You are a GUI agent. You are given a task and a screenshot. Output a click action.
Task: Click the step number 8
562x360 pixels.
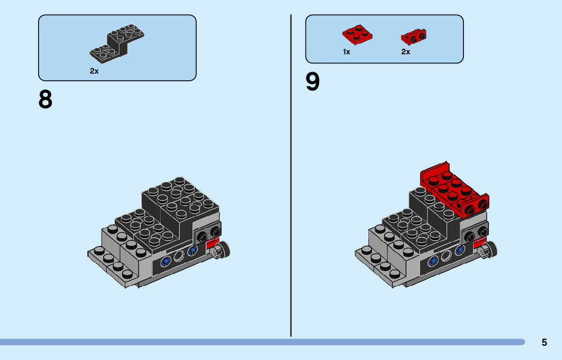click(x=45, y=100)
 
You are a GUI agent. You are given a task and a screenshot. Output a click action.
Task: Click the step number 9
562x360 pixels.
click(x=313, y=82)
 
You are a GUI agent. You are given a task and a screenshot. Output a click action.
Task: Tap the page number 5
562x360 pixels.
click(x=544, y=342)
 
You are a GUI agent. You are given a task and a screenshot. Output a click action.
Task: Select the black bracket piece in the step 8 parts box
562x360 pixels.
click(x=118, y=44)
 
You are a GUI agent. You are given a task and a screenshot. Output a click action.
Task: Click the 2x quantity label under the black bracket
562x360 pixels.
click(x=94, y=71)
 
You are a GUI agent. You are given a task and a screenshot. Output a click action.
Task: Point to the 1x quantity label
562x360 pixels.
click(x=347, y=52)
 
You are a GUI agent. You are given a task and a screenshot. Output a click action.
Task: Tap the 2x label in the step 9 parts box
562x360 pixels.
click(x=405, y=52)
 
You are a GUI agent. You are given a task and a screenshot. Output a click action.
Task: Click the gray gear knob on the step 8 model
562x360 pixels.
click(x=222, y=250)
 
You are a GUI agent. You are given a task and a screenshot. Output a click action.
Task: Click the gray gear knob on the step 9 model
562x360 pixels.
click(x=489, y=249)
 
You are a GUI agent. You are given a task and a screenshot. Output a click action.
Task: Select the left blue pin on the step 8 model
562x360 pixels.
click(x=165, y=262)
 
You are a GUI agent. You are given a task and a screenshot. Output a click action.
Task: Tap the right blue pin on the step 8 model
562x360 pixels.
click(x=192, y=251)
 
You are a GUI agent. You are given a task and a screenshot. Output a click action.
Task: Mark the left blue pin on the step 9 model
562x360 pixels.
click(x=433, y=261)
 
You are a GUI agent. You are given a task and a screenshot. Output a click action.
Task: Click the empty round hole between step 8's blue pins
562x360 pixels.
click(x=179, y=256)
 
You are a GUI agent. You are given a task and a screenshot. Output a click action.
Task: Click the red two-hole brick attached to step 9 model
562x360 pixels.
click(x=475, y=206)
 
